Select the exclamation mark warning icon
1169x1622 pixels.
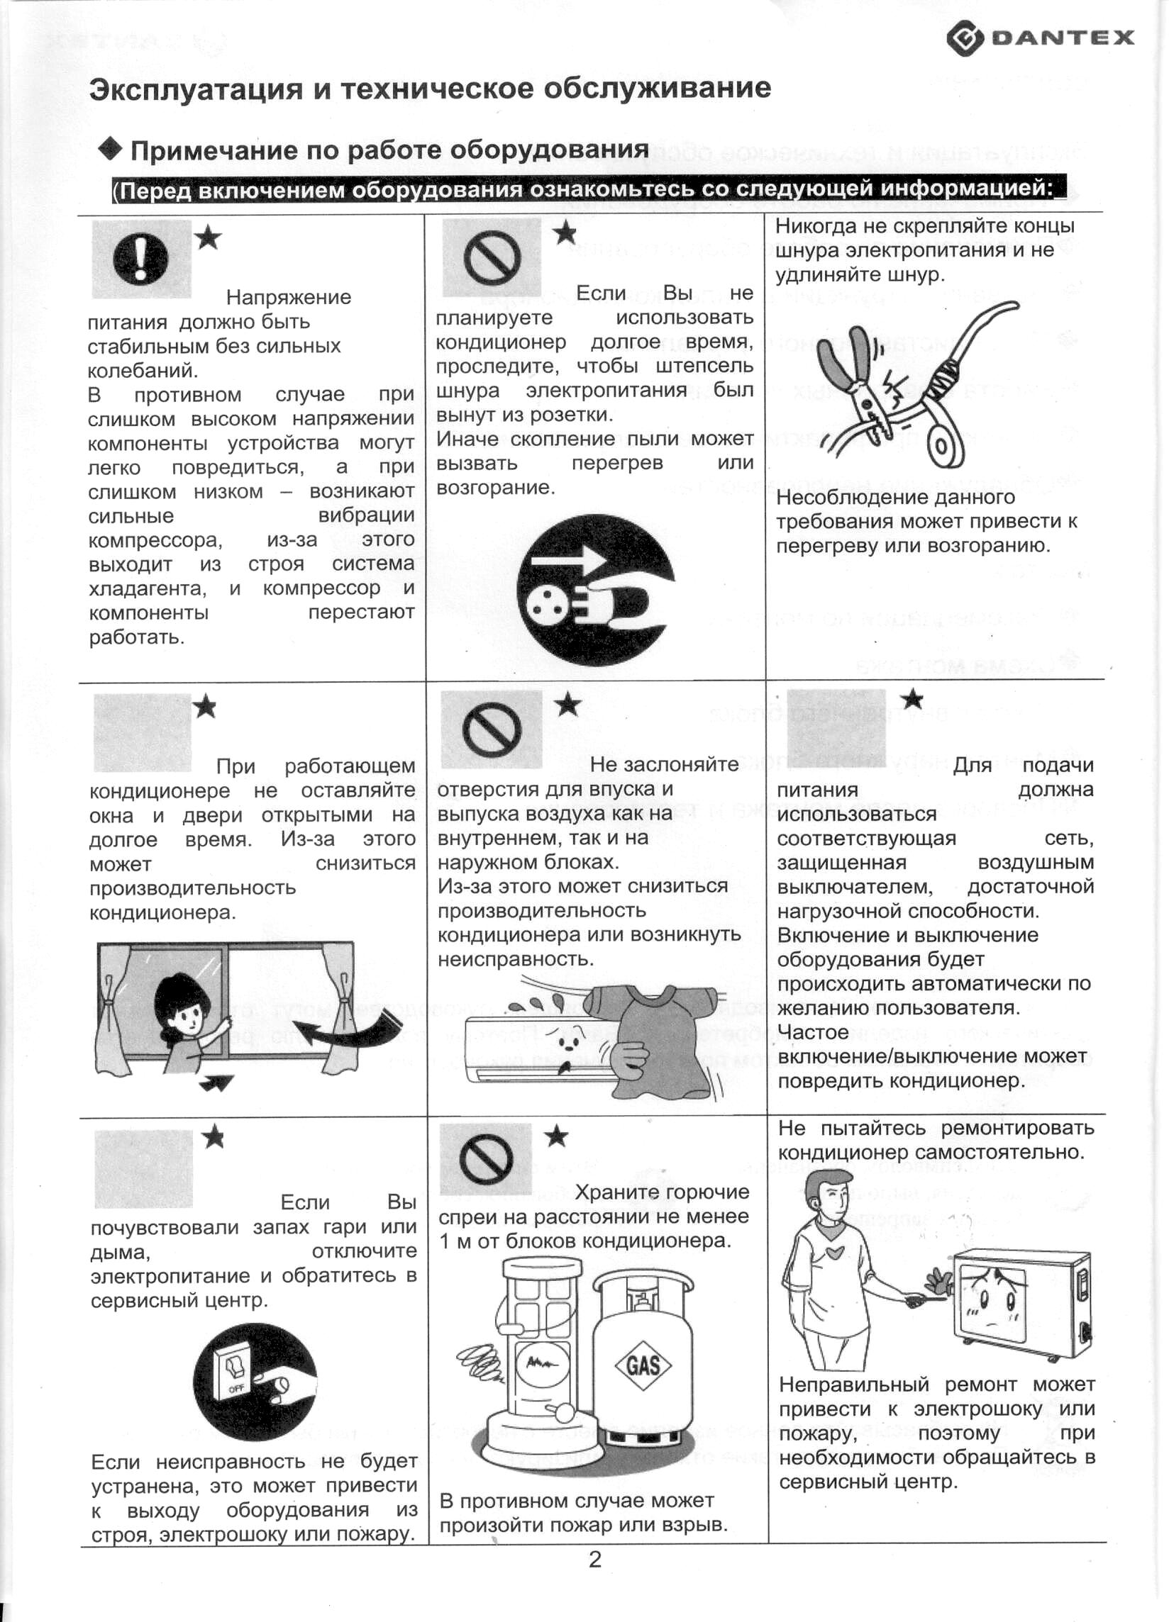point(141,259)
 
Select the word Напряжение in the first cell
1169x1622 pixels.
point(288,297)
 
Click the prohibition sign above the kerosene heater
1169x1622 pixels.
point(487,1158)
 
